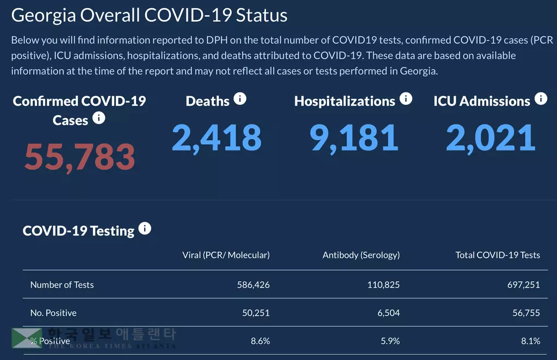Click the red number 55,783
79,156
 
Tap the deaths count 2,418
216,138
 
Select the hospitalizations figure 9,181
354,138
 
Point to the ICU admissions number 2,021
491,138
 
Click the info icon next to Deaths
240,99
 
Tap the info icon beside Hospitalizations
406,99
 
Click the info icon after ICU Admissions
541,99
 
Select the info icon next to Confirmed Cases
98,118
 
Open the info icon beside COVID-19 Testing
145,228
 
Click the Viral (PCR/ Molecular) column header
226,255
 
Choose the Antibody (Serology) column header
361,255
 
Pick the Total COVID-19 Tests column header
498,255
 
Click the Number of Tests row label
62,284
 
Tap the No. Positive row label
53,313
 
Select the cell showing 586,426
253,284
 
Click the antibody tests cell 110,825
383,284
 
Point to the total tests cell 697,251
524,284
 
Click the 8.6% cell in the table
259,341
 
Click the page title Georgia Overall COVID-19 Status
149,15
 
